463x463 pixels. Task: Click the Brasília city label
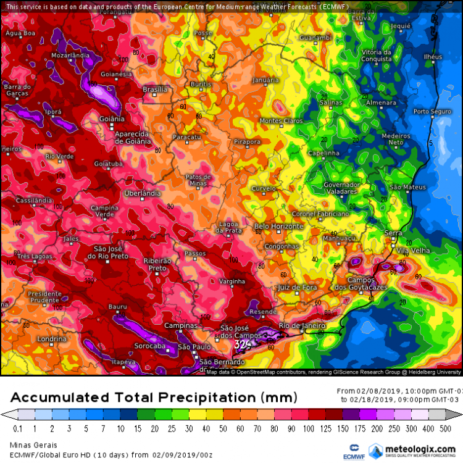(x=155, y=90)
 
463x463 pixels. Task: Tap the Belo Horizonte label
(x=278, y=227)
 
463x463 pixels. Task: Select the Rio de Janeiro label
(x=302, y=325)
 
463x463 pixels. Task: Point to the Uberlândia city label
(x=143, y=193)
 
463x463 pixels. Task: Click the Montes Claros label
(x=281, y=120)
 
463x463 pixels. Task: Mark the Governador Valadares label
(x=341, y=188)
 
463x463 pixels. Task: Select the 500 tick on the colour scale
(x=444, y=428)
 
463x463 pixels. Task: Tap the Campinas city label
(x=181, y=325)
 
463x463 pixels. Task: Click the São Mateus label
(x=407, y=186)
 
